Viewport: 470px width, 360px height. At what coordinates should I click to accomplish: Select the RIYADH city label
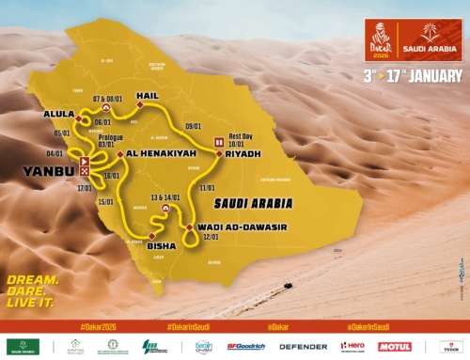(241, 153)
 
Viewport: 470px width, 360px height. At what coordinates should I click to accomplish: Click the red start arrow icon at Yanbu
(85, 162)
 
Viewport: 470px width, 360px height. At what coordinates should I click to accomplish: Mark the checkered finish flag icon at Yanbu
(85, 172)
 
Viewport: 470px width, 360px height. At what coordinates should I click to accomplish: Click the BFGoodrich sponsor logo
(247, 346)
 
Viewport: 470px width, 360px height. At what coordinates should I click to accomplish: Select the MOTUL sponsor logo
(395, 346)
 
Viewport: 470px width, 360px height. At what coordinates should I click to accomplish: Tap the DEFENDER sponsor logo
(304, 346)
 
